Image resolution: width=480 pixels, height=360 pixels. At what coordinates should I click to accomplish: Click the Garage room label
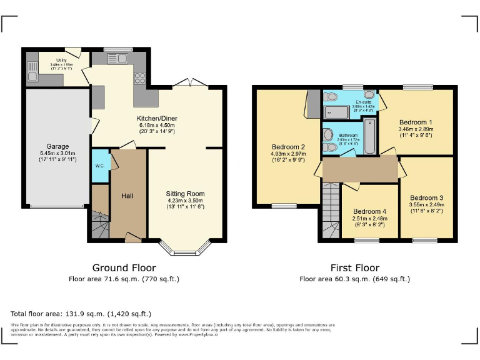[57, 147]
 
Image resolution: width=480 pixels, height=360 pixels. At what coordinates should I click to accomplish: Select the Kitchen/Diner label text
[155, 117]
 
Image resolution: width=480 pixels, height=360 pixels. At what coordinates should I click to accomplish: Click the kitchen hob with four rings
[139, 79]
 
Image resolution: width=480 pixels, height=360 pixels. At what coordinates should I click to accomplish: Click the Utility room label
[61, 60]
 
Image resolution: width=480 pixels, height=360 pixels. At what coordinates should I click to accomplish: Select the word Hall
[127, 196]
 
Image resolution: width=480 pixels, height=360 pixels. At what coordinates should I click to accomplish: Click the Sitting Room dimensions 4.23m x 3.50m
[184, 201]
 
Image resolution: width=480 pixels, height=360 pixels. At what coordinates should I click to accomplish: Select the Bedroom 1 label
[416, 122]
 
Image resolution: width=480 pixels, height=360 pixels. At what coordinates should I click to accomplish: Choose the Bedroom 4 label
[369, 211]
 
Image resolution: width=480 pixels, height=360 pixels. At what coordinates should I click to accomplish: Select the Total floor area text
[81, 313]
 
